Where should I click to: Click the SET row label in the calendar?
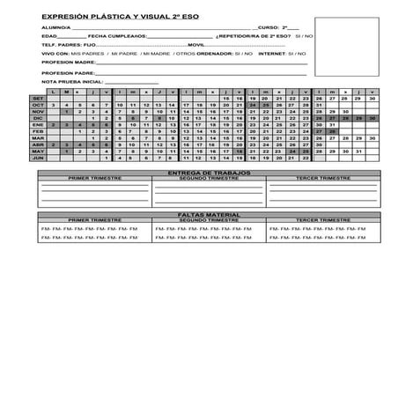tap(38, 99)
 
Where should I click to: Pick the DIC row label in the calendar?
tap(38, 118)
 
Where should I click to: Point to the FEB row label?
tap(38, 131)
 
